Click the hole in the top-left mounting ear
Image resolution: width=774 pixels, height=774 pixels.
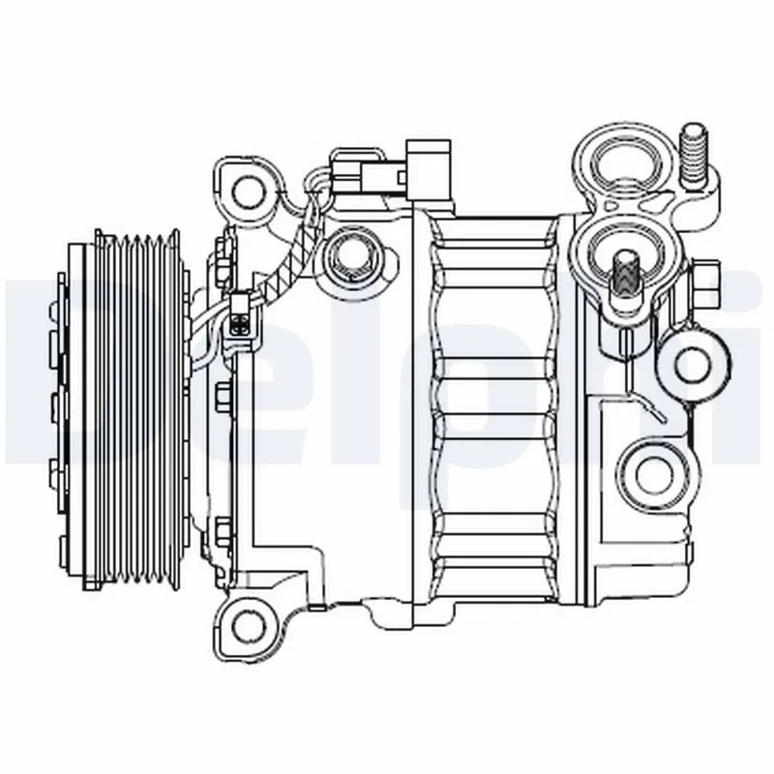[250, 189]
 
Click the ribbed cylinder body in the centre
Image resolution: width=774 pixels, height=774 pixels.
[493, 406]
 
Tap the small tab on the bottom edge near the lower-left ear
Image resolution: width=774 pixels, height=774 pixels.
[319, 609]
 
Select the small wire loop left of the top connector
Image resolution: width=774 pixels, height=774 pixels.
[314, 180]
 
